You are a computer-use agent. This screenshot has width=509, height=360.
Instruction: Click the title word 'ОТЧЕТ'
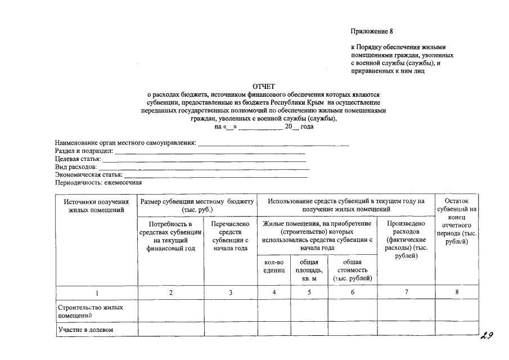[264, 87]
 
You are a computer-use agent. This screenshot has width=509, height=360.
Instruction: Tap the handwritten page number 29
[487, 336]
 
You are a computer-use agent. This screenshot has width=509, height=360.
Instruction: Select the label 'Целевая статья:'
[78, 159]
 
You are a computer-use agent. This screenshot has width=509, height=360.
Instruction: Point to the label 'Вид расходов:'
[76, 167]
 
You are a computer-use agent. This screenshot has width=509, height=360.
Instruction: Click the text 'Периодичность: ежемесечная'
[98, 182]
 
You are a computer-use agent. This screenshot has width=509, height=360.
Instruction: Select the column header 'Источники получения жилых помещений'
[96, 205]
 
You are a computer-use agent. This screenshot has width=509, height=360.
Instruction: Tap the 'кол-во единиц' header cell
[273, 266]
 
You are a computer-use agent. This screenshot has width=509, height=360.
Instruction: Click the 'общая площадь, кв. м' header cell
[309, 270]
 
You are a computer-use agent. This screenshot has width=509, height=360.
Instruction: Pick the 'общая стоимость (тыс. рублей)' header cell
[353, 270]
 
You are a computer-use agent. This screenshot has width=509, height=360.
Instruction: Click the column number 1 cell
[96, 292]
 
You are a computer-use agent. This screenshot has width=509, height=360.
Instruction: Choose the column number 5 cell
[309, 292]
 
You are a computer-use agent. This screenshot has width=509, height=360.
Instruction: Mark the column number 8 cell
[457, 292]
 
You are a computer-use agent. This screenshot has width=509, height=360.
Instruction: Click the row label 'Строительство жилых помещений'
[90, 312]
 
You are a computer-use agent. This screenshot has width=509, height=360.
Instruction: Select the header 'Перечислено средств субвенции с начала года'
[230, 236]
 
